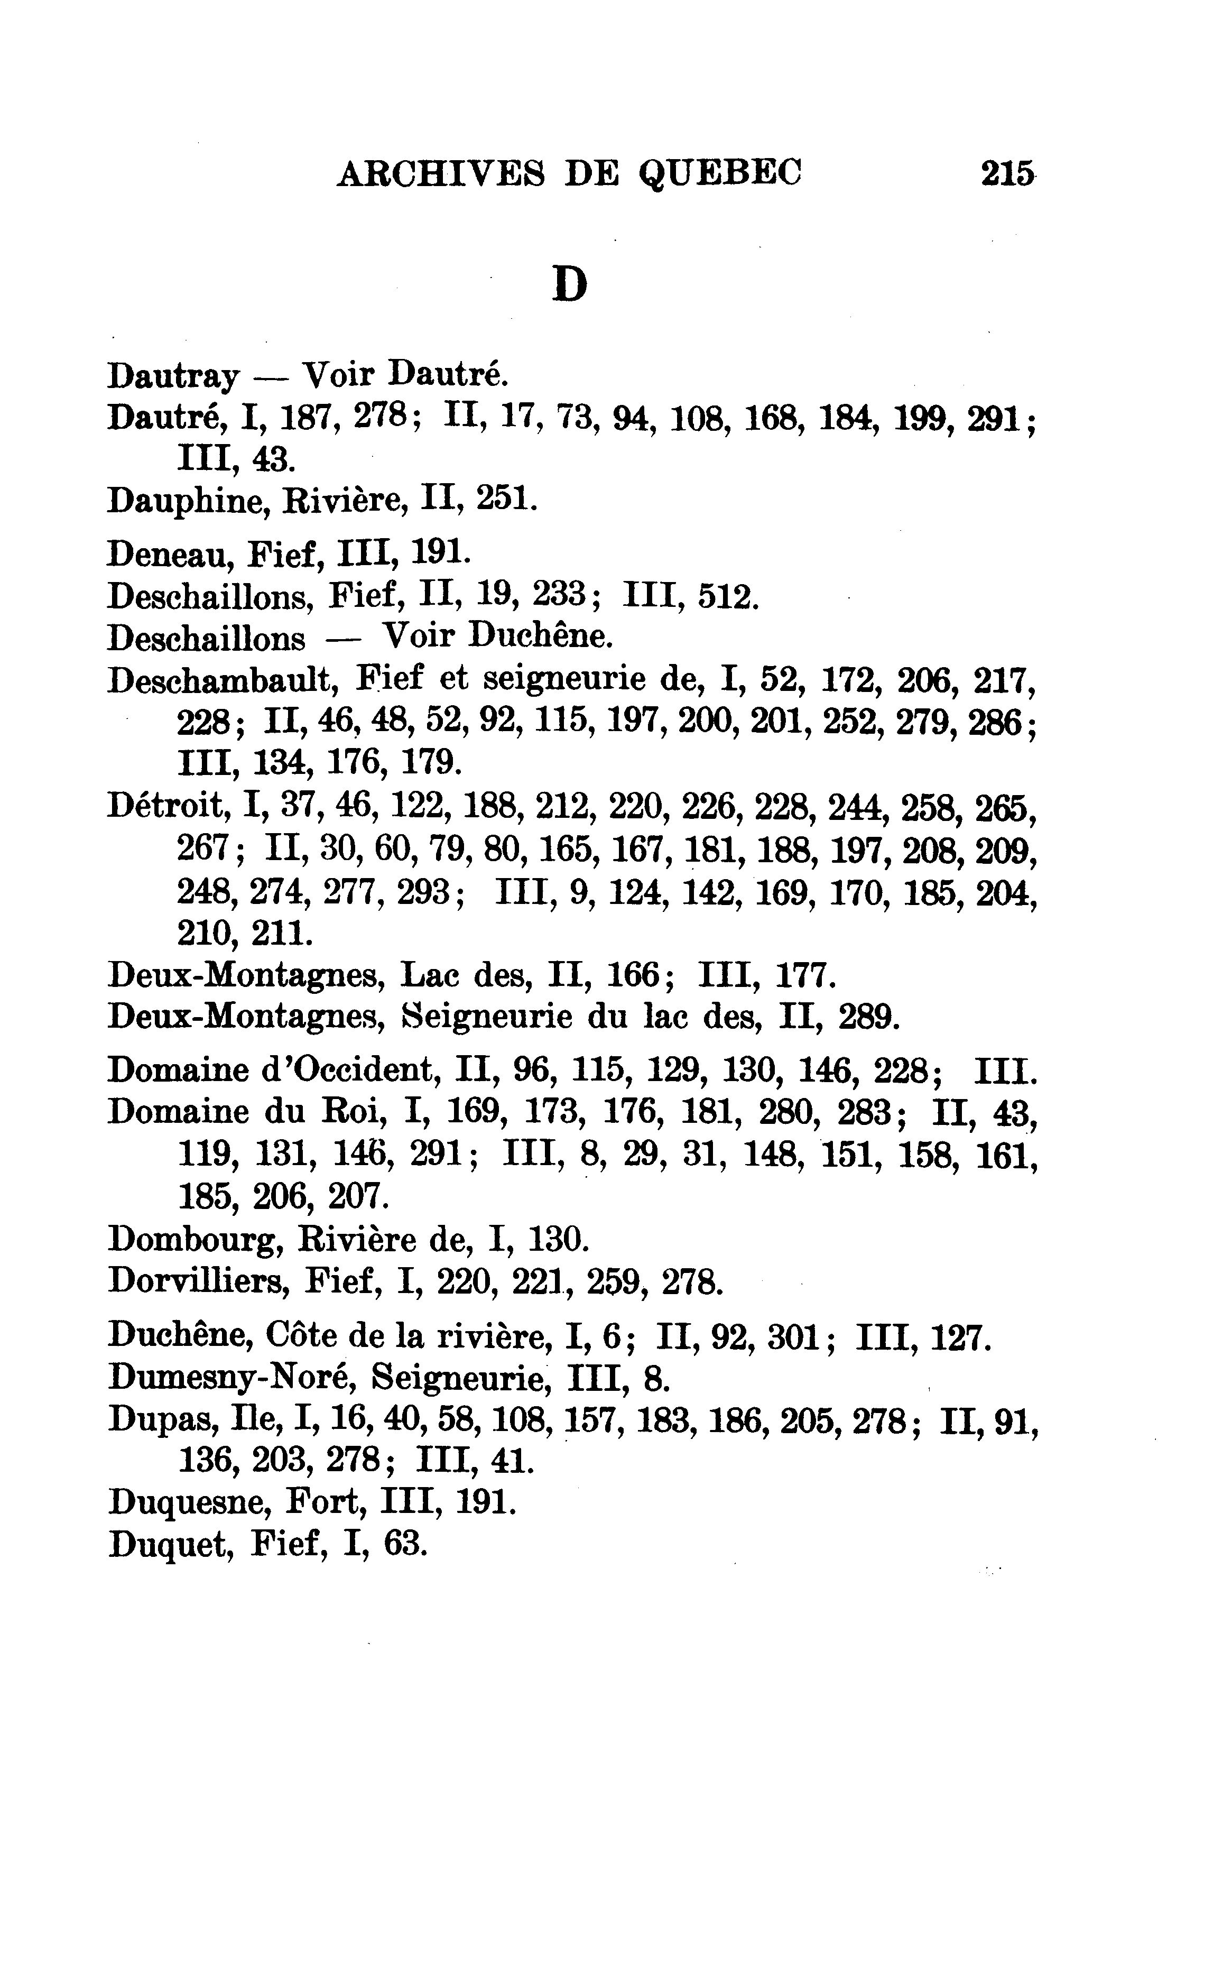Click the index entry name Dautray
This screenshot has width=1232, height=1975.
click(x=173, y=376)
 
